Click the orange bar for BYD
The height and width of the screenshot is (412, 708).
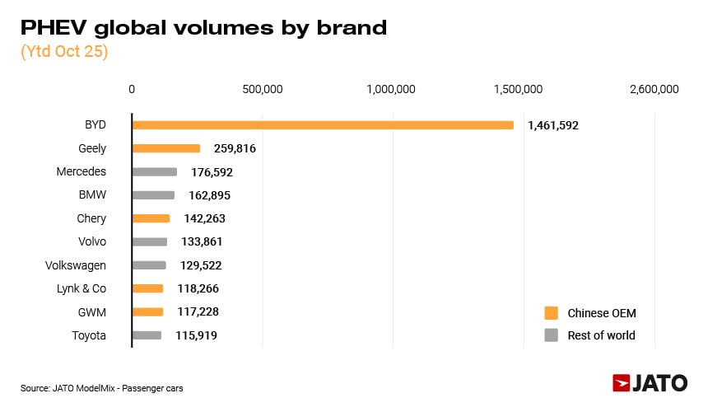tap(323, 125)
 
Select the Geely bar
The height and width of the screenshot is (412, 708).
tap(166, 148)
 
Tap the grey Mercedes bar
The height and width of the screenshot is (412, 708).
tap(155, 172)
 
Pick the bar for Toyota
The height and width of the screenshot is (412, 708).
tap(147, 335)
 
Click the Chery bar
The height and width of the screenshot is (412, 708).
tap(151, 218)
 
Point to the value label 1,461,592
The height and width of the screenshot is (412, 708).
tap(553, 126)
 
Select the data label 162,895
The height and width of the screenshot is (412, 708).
tap(209, 196)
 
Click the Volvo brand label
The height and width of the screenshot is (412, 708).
tap(92, 242)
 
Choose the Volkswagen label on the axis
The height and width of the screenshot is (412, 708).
tap(76, 265)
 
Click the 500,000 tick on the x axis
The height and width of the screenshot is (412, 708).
tap(262, 89)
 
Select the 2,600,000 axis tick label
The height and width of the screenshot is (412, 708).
tap(654, 89)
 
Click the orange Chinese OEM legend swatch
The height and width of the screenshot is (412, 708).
tap(551, 313)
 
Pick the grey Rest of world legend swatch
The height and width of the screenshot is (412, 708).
tap(551, 335)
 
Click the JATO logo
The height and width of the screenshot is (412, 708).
tap(650, 383)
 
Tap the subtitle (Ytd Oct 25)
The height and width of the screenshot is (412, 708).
tap(64, 51)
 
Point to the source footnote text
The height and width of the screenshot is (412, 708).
tap(102, 387)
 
